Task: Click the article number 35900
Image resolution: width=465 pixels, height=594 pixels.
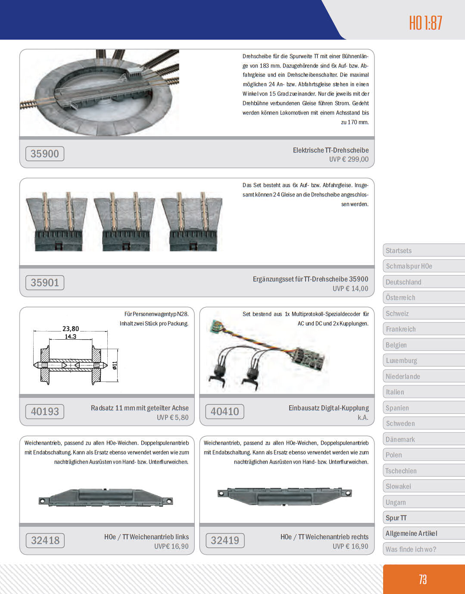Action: [45, 154]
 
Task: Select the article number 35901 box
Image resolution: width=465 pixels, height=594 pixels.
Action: [45, 283]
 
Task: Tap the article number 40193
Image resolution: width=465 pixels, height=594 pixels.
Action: [45, 412]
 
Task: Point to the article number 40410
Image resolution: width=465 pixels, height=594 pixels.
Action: [225, 412]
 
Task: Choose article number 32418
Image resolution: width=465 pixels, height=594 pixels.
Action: [45, 541]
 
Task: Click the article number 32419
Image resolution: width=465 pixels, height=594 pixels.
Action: [225, 541]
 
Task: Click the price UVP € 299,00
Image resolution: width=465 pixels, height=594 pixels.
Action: [349, 159]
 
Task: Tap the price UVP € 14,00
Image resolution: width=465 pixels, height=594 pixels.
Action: [350, 288]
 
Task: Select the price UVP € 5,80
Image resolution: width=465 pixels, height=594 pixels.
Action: [172, 417]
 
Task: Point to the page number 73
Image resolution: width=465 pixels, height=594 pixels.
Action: [423, 579]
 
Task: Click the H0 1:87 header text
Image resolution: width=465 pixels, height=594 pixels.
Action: [425, 23]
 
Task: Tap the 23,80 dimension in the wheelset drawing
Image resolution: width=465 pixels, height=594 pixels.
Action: [71, 328]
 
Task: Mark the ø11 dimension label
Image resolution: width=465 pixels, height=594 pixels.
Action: [115, 366]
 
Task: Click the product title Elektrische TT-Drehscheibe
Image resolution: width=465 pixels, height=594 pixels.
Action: [331, 150]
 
